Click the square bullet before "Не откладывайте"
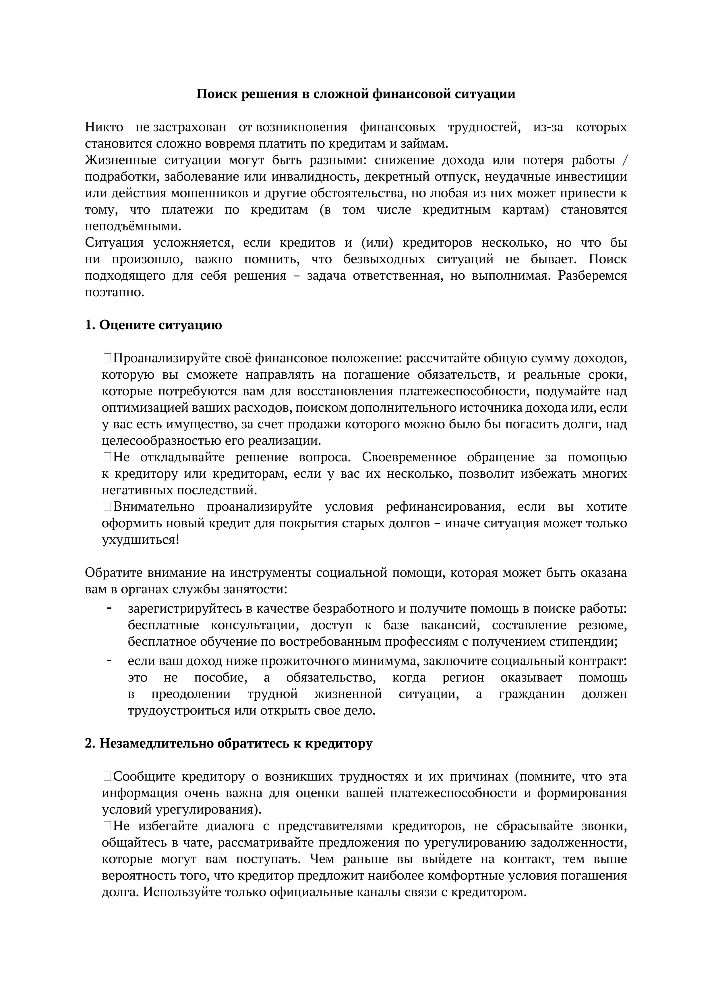107,458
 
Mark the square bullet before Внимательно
107,507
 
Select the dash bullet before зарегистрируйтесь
109,608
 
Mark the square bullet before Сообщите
107,777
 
